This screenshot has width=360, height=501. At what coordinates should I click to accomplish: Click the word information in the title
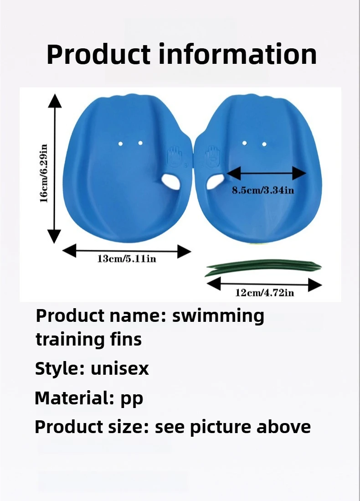click(x=237, y=54)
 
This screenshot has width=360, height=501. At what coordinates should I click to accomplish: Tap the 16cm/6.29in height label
click(x=44, y=174)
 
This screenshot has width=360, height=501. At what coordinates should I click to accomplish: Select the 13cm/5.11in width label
click(x=126, y=259)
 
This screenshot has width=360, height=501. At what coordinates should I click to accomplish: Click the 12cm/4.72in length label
click(x=264, y=293)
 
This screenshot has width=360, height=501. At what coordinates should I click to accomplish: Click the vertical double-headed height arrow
click(x=55, y=168)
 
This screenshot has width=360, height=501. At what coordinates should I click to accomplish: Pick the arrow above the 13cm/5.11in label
click(x=126, y=250)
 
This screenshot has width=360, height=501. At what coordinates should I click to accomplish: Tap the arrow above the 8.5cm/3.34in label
click(x=267, y=173)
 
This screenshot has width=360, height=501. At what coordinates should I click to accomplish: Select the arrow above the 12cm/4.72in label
click(x=264, y=285)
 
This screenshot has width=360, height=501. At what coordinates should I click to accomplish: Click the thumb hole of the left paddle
click(x=170, y=181)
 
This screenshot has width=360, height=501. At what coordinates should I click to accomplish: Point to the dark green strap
click(x=263, y=267)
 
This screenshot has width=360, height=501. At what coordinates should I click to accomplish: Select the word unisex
click(x=119, y=368)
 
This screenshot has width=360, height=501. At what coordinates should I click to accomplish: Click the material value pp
click(x=132, y=398)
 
